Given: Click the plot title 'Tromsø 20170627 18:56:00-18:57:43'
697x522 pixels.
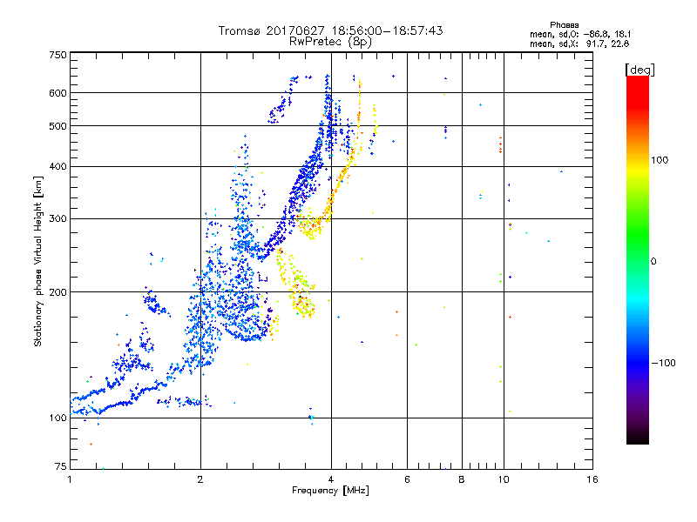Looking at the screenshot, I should coord(331,30).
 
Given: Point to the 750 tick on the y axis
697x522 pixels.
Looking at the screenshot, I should coord(58,55).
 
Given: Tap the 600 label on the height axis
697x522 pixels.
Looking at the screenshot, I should coord(58,92).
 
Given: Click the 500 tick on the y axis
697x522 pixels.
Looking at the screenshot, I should coord(58,126).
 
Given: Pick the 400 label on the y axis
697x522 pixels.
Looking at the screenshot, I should coord(58,166).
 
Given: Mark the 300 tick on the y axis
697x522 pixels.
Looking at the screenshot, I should coord(58,218).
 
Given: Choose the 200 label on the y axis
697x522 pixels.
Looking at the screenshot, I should coord(58,291).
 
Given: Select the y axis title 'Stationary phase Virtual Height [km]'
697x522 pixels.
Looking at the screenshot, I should coord(38,262).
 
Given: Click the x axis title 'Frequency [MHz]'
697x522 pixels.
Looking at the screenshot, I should coord(331,492).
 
